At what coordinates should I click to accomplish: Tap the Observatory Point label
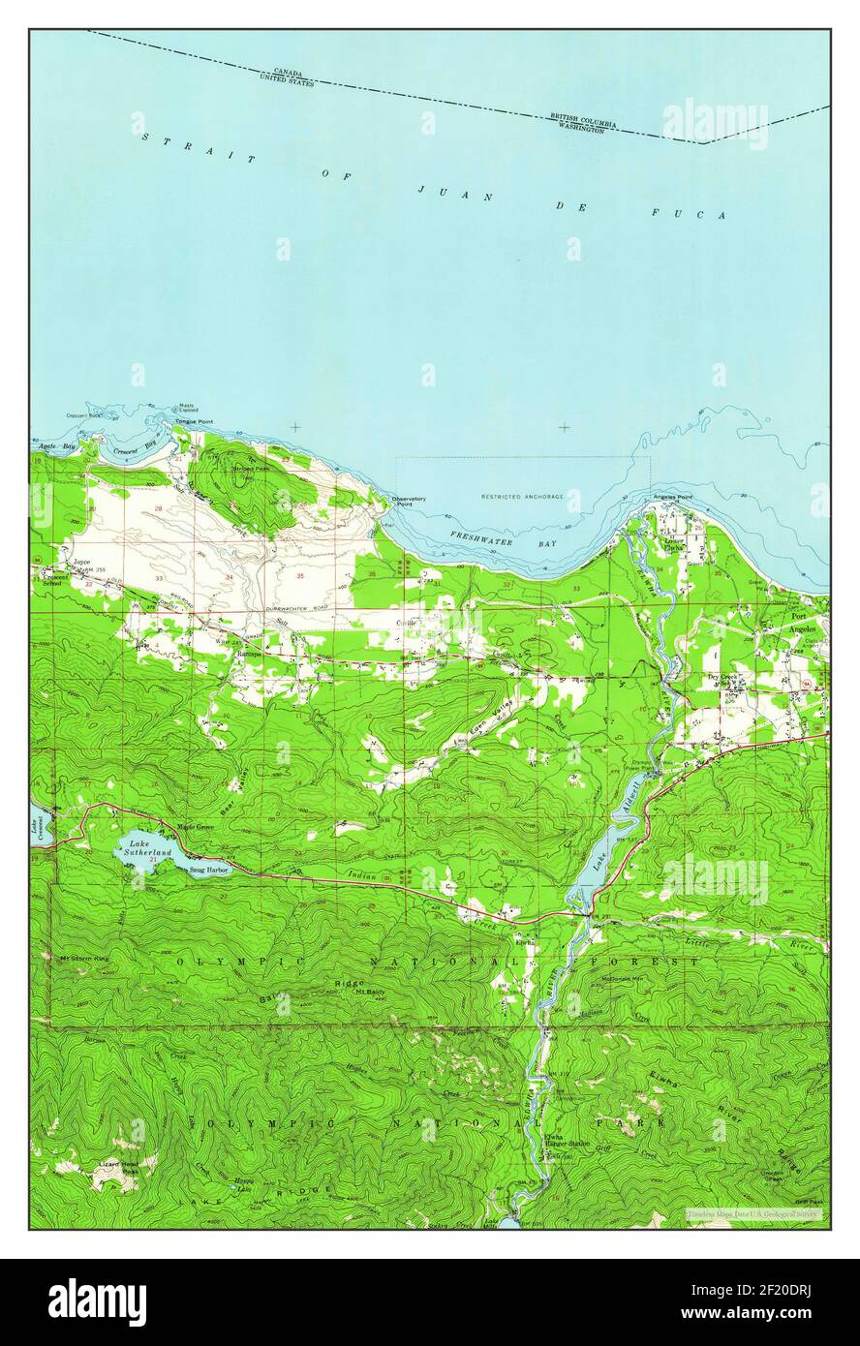pyautogui.click(x=409, y=502)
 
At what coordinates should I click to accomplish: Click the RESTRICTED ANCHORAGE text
pyautogui.click(x=522, y=497)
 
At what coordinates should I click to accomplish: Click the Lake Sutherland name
pyautogui.click(x=148, y=847)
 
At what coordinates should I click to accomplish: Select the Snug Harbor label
pyautogui.click(x=208, y=870)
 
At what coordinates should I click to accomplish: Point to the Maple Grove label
pyautogui.click(x=197, y=827)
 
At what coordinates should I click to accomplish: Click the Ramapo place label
pyautogui.click(x=251, y=653)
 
